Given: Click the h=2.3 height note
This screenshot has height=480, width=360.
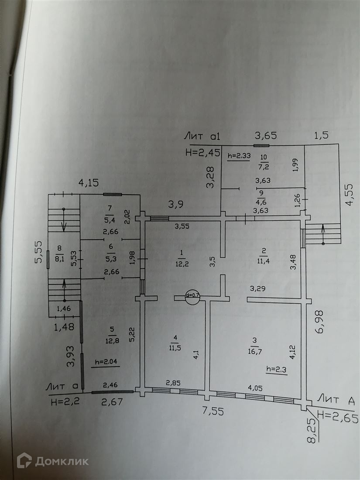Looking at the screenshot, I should click(x=276, y=370).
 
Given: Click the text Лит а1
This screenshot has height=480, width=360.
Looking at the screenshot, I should click(x=202, y=137).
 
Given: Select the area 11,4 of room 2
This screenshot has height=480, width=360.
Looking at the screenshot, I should click(x=264, y=261).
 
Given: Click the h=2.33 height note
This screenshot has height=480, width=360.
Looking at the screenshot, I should click(x=238, y=156).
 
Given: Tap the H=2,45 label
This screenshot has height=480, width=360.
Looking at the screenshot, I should click(x=201, y=153).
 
